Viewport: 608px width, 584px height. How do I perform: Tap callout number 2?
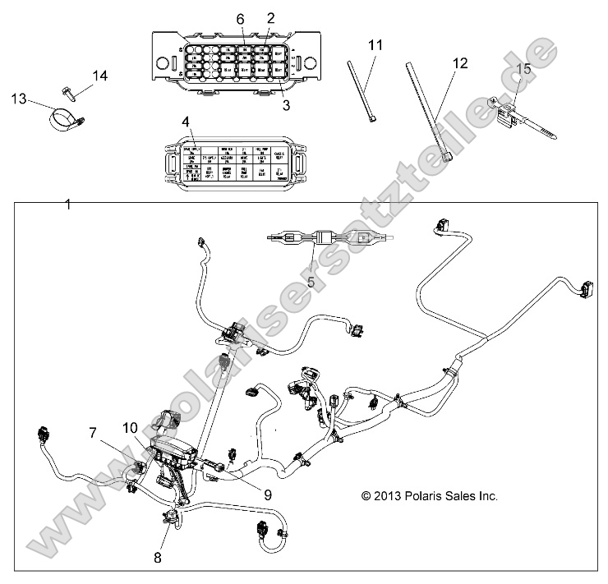[x=271, y=17]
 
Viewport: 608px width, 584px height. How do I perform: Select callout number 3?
[x=286, y=105]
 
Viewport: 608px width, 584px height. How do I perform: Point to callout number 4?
[x=186, y=122]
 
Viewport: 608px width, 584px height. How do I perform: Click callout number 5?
[x=311, y=282]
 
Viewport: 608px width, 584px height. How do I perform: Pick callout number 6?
[x=241, y=18]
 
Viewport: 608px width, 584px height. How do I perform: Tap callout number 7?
[x=93, y=432]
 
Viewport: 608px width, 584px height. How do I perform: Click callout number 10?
[x=131, y=427]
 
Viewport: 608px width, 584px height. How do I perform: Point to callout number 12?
[x=459, y=63]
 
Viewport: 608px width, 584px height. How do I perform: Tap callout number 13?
[x=19, y=99]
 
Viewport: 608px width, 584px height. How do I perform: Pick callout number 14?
[x=99, y=76]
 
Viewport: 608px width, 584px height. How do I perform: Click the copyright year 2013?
[x=393, y=496]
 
